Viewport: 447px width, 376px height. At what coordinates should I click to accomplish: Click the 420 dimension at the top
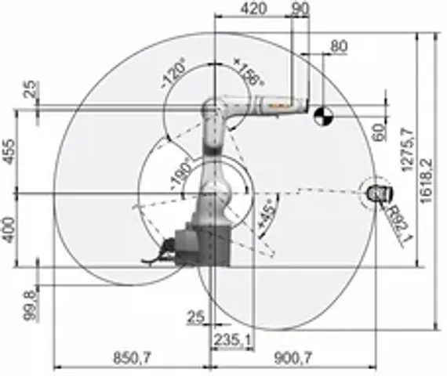253,9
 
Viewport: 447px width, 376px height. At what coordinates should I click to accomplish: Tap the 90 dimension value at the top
299,9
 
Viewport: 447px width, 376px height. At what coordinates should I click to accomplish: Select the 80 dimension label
338,46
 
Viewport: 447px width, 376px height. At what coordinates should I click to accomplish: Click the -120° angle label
173,74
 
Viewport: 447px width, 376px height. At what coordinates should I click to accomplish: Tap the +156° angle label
249,72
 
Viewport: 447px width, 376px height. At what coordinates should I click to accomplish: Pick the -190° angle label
182,170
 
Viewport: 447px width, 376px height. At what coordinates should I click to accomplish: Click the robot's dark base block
202,244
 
